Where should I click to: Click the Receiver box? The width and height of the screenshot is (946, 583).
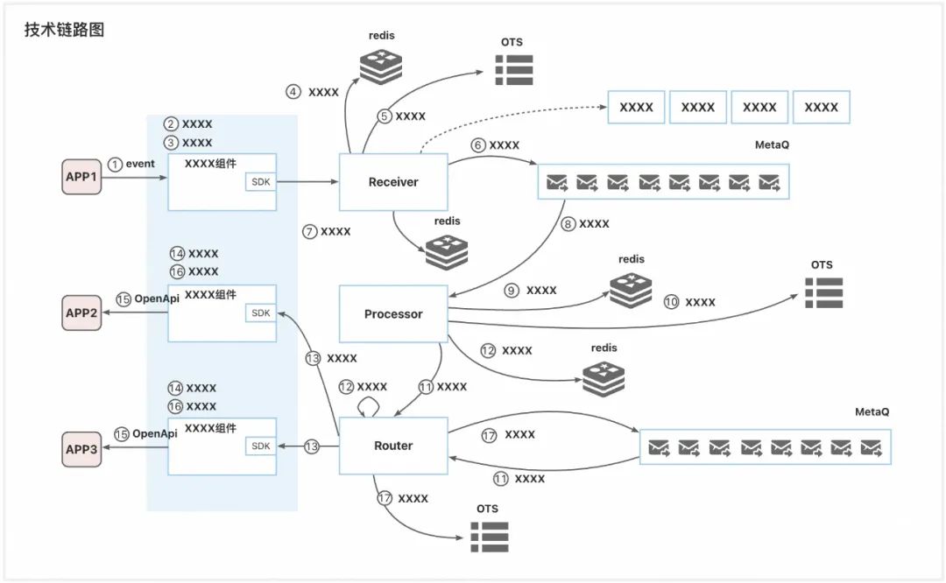click(392, 182)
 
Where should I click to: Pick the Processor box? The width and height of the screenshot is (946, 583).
click(392, 313)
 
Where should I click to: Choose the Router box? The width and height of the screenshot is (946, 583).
click(392, 446)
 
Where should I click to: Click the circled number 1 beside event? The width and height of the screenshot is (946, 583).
click(115, 164)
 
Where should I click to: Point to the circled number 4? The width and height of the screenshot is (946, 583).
click(294, 92)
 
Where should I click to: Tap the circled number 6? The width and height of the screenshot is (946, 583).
click(478, 145)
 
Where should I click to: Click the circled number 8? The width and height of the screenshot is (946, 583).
click(568, 224)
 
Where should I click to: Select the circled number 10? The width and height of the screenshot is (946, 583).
click(672, 302)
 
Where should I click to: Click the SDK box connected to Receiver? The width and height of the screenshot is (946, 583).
click(261, 182)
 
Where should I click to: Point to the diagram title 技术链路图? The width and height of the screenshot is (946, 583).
click(65, 30)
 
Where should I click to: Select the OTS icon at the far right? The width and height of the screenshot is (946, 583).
click(823, 292)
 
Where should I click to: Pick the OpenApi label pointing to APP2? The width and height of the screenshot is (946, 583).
click(156, 299)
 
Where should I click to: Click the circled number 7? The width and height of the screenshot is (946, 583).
click(309, 232)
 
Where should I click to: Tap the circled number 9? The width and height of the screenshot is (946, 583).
click(512, 291)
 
